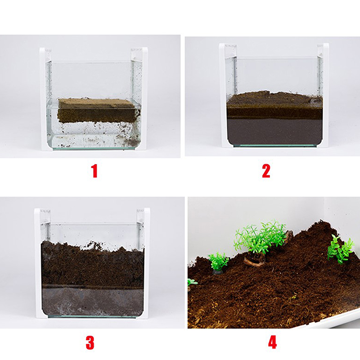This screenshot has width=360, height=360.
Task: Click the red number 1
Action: coord(94,171)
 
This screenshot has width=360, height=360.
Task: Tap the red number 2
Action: coord(266,171)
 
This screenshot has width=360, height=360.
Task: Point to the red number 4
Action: coord(272,342)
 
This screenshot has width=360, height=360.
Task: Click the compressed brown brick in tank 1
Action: coord(99,110)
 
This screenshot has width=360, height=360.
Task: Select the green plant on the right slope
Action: coord(341,249)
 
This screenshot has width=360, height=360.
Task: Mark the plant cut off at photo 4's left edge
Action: coord(192,283)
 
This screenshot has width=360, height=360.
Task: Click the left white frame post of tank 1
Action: coord(44,99)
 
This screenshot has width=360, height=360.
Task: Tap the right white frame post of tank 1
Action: coord(144,99)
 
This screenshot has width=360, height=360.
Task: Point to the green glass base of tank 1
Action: coord(94,149)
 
